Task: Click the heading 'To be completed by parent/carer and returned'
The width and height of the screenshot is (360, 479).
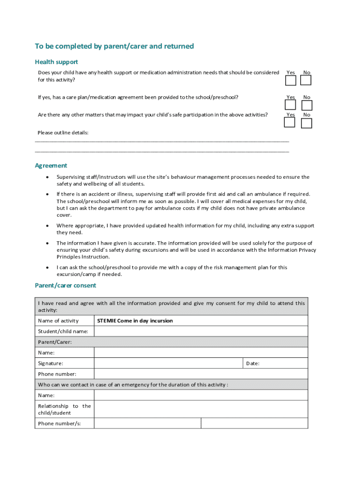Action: tap(114, 46)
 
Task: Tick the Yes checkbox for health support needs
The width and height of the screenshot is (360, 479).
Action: tap(290, 80)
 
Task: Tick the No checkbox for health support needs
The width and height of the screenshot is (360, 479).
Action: tap(306, 80)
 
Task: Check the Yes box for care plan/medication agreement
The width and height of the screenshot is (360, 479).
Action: tap(290, 105)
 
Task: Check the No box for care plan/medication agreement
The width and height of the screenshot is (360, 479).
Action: tap(306, 105)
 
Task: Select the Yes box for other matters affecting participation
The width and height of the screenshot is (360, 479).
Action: tap(290, 123)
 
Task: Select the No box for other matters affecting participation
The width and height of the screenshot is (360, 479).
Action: tap(306, 123)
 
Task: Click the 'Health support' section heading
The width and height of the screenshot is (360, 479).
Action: tap(56, 62)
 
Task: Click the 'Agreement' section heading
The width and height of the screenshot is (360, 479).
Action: tap(51, 166)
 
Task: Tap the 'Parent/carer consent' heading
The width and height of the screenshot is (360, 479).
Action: tap(65, 285)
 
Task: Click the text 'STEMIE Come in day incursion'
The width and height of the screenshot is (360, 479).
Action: tap(135, 321)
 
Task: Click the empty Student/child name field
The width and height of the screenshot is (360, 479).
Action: tap(201, 331)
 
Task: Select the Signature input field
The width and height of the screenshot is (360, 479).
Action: tap(168, 363)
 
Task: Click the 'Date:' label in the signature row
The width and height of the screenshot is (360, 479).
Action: tap(252, 363)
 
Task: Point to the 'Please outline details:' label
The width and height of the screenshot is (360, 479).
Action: tap(63, 133)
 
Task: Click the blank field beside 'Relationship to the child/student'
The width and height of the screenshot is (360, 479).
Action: tap(201, 409)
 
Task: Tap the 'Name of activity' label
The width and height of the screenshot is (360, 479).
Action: tap(58, 321)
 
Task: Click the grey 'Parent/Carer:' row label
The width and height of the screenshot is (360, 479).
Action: tap(55, 342)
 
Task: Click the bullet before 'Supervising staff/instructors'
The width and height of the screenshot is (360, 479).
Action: tap(48, 177)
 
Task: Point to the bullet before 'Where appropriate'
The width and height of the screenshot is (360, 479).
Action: tap(48, 226)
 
